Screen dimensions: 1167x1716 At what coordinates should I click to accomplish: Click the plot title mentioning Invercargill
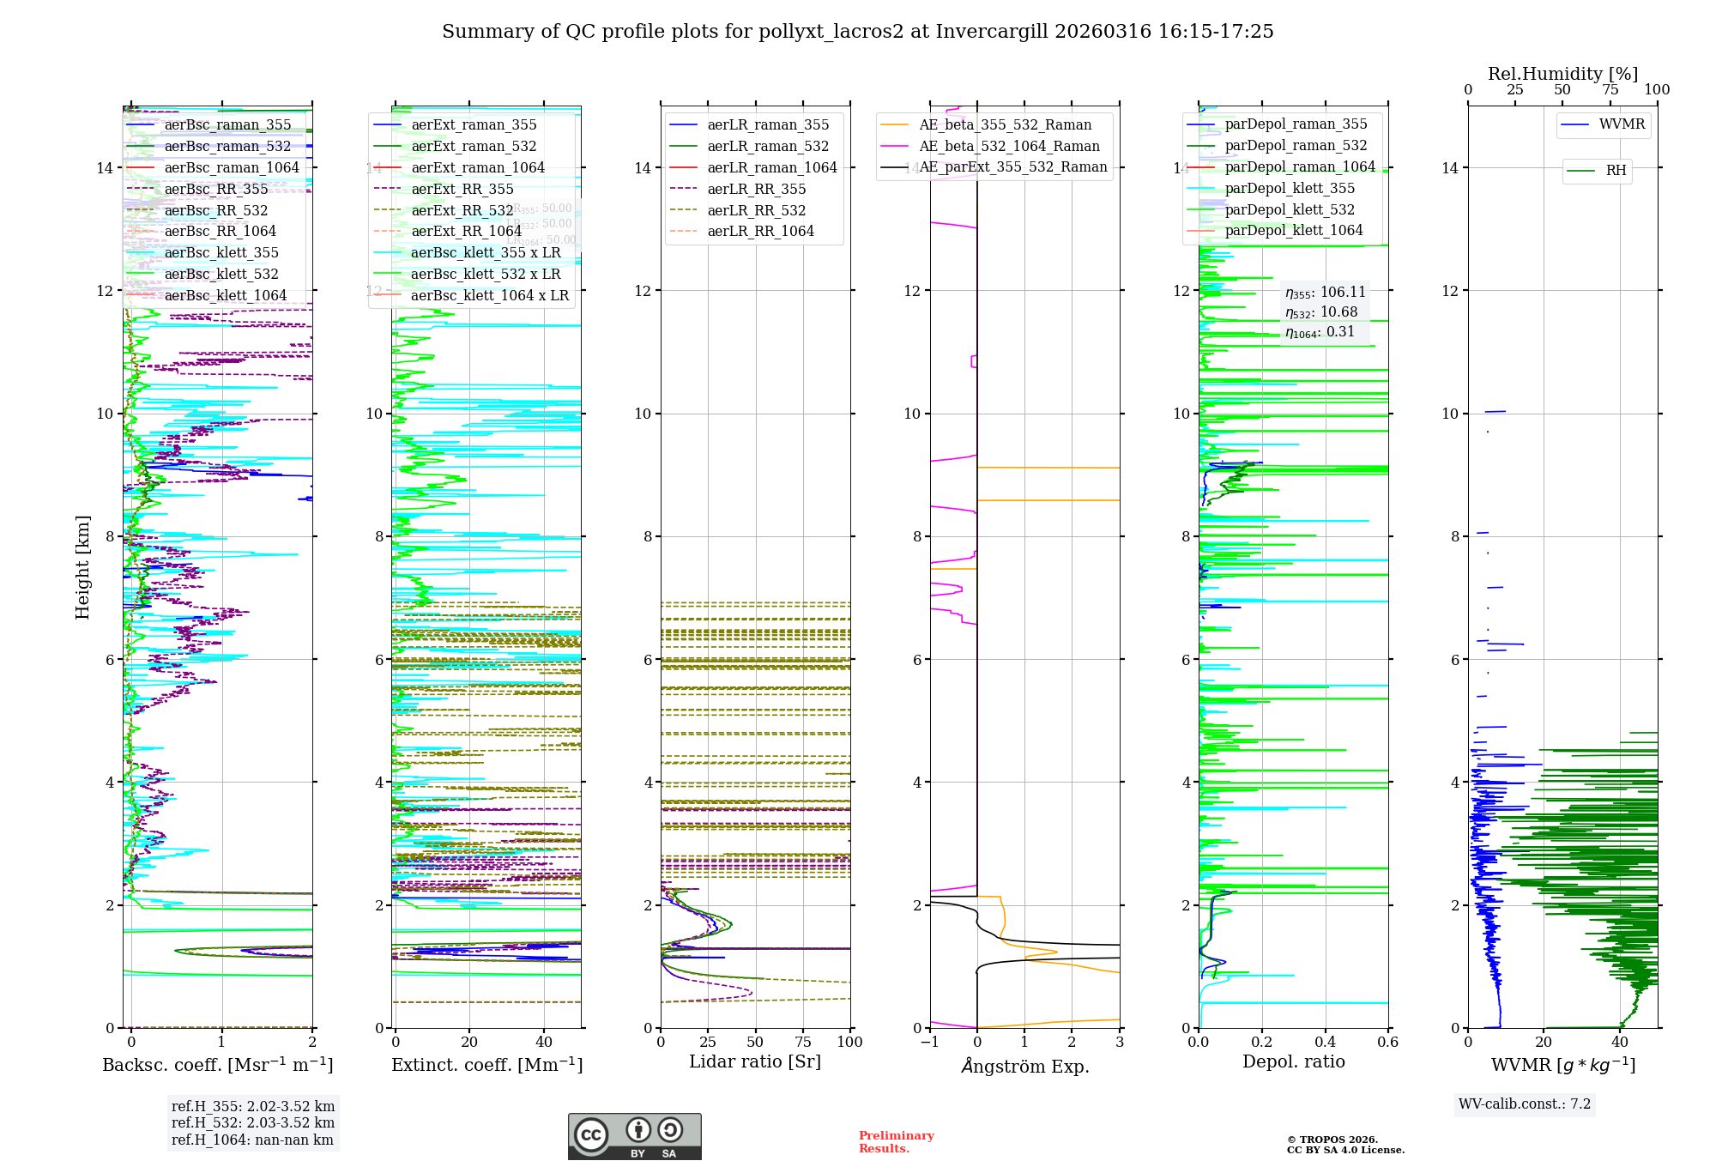pos(857,32)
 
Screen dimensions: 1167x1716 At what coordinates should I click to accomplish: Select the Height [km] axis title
pos(82,566)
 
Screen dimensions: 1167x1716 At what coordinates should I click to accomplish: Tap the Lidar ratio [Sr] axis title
pos(755,1061)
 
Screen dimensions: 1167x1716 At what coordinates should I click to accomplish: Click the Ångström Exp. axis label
pos(1024,1066)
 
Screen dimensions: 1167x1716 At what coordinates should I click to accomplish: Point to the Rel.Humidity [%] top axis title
pos(1562,74)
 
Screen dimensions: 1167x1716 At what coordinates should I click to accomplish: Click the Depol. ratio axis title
pos(1293,1061)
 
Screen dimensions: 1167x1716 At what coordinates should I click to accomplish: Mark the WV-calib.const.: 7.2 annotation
pos(1524,1104)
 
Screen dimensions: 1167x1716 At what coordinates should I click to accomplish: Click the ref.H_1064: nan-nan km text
pos(252,1140)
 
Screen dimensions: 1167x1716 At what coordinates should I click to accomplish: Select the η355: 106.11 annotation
pos(1325,293)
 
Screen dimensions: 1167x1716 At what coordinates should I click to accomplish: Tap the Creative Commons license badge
pos(634,1136)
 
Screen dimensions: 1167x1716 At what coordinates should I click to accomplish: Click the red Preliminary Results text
pos(896,1141)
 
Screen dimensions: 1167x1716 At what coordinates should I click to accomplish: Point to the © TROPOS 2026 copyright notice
pos(1345,1145)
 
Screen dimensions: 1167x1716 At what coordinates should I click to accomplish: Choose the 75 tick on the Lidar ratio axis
pos(802,1042)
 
